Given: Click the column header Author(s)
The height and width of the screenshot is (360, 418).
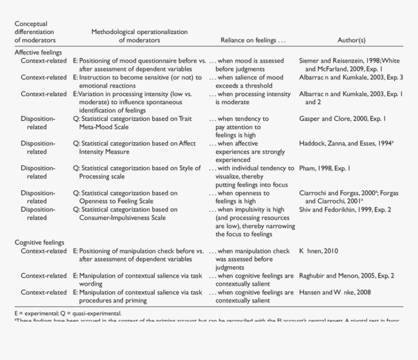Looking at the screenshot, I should click(351, 40).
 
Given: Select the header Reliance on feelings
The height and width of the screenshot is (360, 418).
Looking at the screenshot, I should click(253, 40).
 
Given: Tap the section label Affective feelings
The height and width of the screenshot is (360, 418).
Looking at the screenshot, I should click(38, 53).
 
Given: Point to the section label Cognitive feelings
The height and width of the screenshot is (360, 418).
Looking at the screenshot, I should click(39, 242).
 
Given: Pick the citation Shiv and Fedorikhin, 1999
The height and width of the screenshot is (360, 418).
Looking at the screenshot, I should click(345, 210).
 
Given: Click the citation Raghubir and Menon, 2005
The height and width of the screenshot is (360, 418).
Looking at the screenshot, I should click(347, 276).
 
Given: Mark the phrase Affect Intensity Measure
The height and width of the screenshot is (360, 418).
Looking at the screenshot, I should click(104, 152).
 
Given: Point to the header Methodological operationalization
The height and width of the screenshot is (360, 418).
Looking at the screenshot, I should click(139, 32).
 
